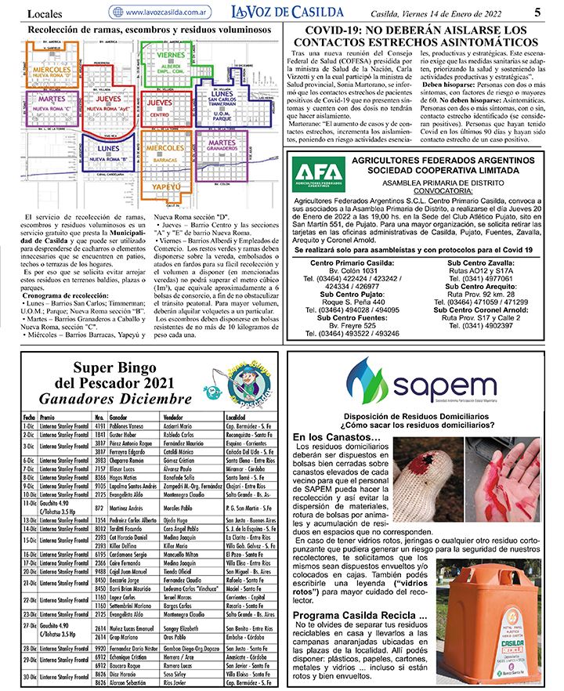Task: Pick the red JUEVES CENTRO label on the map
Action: click(160, 107)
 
